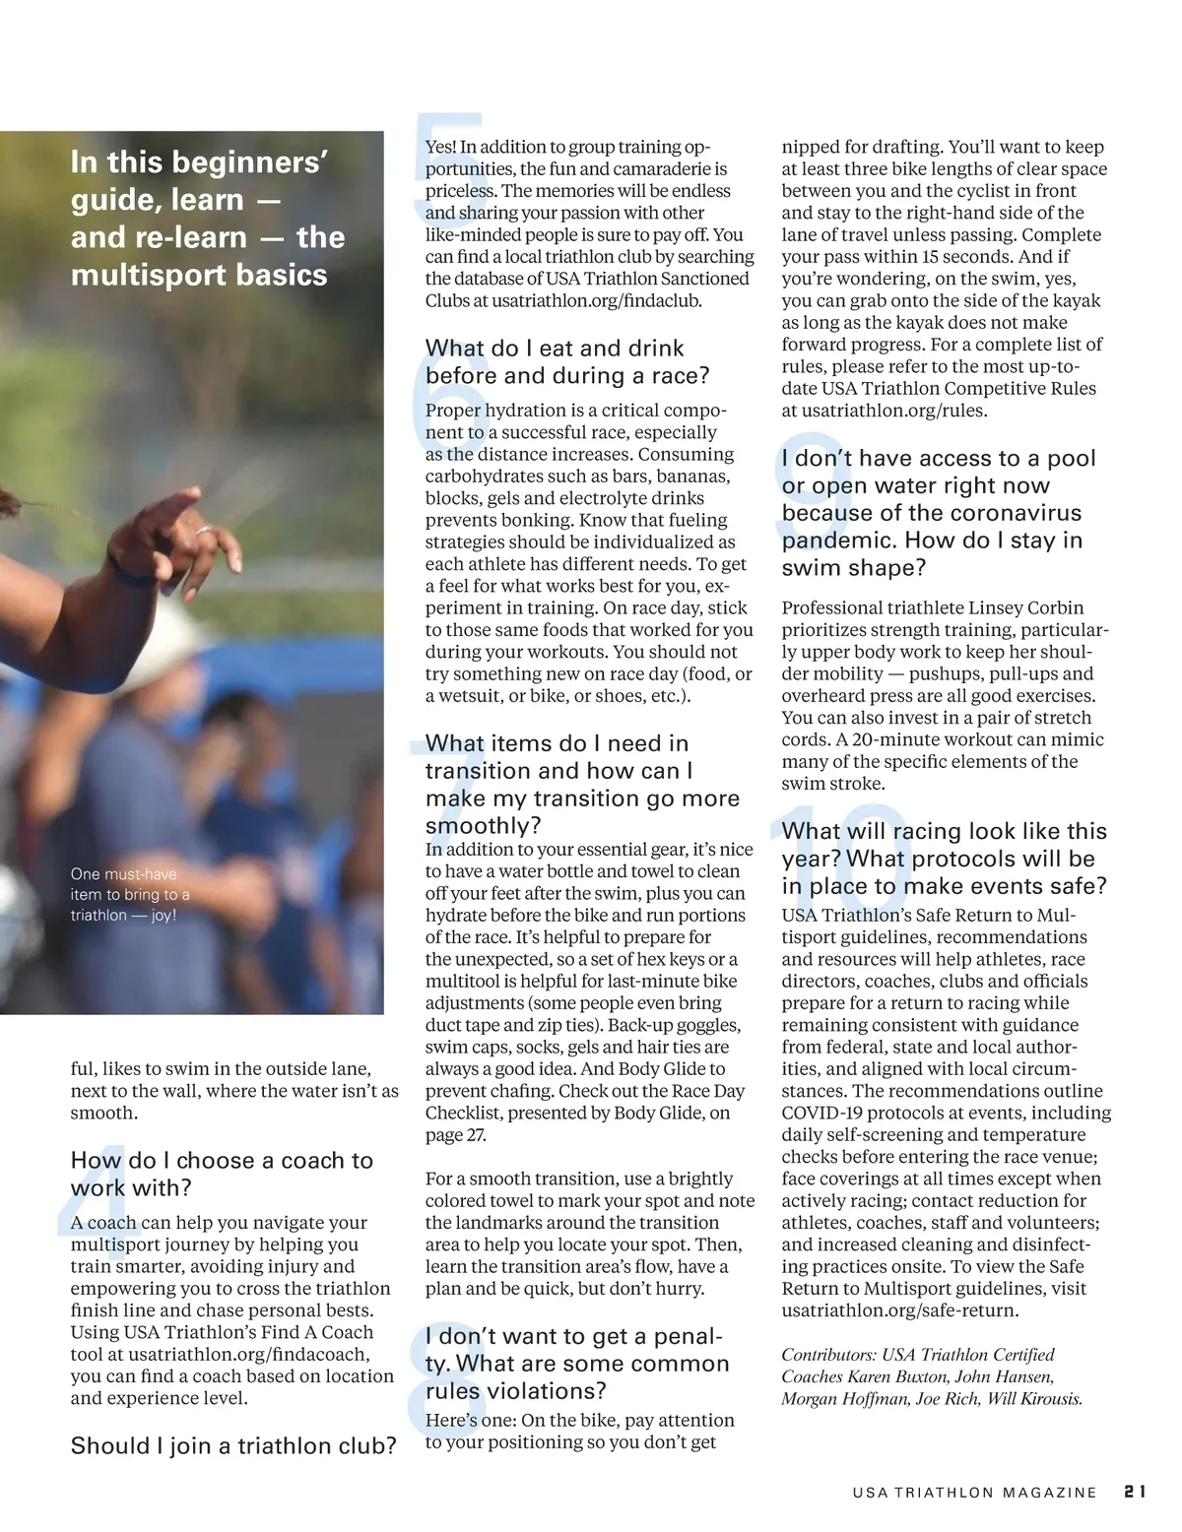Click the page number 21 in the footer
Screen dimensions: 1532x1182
pyautogui.click(x=1134, y=1492)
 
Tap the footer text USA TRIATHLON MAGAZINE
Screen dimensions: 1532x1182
pyautogui.click(x=974, y=1493)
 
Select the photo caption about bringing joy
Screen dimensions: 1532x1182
pyautogui.click(x=129, y=894)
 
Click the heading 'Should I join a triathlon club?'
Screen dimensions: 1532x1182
pyautogui.click(x=233, y=1445)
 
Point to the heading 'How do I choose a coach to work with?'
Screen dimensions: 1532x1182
pyautogui.click(x=222, y=1174)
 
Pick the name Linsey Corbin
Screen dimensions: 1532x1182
pyautogui.click(x=1025, y=607)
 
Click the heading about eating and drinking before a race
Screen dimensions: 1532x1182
pyautogui.click(x=566, y=361)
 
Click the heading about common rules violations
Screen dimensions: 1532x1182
pyautogui.click(x=577, y=1364)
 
